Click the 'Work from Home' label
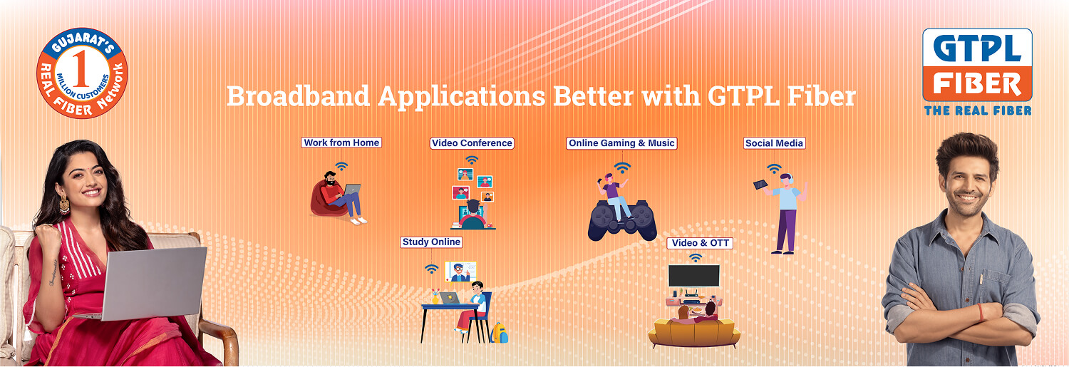tap(341, 143)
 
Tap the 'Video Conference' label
tap(472, 143)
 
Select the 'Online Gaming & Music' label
tap(621, 143)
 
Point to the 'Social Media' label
tap(774, 143)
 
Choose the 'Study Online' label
tap(431, 242)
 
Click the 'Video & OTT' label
tap(700, 243)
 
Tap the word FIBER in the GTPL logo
tap(977, 85)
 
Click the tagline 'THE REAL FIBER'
tap(978, 110)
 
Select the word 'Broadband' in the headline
tap(299, 96)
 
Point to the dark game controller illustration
tap(622, 220)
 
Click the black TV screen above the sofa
tap(694, 276)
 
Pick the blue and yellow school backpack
tap(499, 333)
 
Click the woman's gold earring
tap(64, 205)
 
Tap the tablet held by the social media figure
tap(760, 185)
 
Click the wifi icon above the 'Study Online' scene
tap(431, 269)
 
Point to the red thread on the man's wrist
tap(980, 313)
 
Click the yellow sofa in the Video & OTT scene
tap(694, 333)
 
